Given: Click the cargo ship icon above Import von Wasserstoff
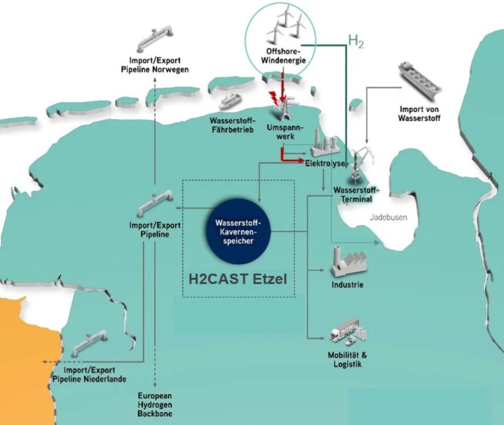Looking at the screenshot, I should point(419,81).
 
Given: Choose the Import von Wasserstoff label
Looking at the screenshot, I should point(419,114).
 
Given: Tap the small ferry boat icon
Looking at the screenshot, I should point(230,101).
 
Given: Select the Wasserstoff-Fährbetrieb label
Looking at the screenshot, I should point(232,125).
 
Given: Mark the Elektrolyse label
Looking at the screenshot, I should point(324,163).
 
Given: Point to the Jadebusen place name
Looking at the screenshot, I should point(389,217).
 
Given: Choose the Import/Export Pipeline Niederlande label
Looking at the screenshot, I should point(89,374).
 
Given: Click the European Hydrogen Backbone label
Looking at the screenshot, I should point(155,404).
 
